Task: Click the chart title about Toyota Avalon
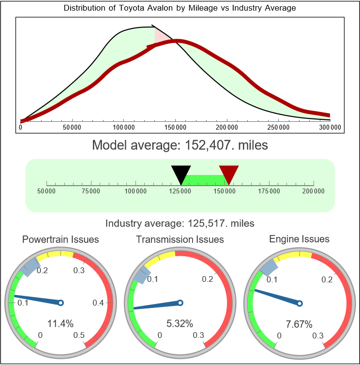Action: point(180,8)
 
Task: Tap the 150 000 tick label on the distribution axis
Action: point(175,127)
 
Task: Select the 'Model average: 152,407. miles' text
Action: point(180,145)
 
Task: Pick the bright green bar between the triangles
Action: point(204,179)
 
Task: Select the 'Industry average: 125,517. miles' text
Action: point(180,223)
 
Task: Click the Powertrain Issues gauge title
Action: point(60,239)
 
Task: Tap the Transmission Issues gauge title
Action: point(180,239)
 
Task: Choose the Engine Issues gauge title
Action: point(299,239)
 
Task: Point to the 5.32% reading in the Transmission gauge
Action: point(180,323)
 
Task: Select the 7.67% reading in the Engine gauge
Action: point(299,323)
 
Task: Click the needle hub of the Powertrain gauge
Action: point(60,303)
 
